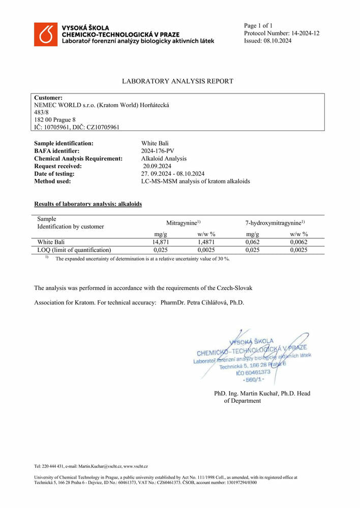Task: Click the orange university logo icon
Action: (46, 34)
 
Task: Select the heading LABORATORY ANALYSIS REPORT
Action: (177, 81)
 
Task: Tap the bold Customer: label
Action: (48, 98)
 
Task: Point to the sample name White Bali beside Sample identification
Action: (155, 144)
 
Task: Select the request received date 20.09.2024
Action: (157, 166)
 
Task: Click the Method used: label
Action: (52, 181)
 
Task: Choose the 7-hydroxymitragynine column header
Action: (275, 223)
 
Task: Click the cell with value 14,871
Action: (161, 242)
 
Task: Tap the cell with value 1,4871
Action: (206, 242)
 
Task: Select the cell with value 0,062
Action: (253, 242)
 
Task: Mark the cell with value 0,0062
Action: (298, 242)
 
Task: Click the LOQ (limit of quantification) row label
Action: (74, 250)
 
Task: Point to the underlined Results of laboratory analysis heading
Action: (87, 204)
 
